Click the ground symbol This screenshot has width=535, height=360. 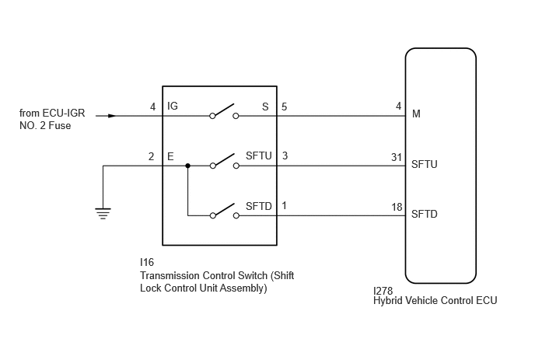coord(103,213)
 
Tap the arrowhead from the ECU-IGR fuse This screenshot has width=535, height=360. coord(112,116)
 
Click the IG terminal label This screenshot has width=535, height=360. coord(173,106)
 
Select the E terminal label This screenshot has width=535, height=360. coord(170,156)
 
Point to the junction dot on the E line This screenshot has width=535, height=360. coord(187,166)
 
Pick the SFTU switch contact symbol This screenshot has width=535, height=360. coord(224,161)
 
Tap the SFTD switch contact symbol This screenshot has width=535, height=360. coord(224,211)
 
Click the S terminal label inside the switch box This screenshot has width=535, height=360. coord(265,107)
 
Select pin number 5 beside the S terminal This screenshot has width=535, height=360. coord(285,107)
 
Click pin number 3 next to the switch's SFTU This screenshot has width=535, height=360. coord(285,156)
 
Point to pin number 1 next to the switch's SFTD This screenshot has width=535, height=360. coord(284,206)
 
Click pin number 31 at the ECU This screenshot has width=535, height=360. coord(397,157)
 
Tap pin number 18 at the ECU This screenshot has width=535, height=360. coord(397,207)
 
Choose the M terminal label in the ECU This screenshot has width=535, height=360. coord(416,114)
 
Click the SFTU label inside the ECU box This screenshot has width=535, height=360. coord(424,164)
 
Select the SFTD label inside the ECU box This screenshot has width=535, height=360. coord(424,214)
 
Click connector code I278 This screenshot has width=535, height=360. coord(383,291)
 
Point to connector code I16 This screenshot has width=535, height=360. coord(147,262)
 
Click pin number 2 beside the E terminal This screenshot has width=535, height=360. coord(151,156)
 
